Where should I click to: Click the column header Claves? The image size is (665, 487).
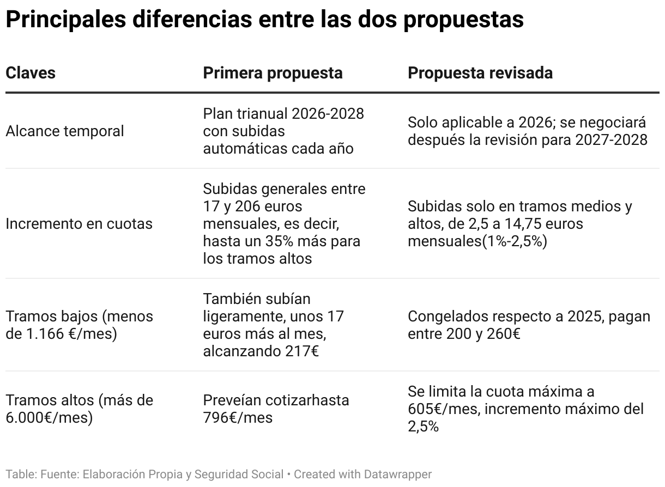pos(31,73)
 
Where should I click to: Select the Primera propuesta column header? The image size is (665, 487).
pos(273,73)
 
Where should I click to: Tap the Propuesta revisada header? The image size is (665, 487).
pos(480,73)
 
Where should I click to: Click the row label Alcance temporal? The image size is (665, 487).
pos(65,131)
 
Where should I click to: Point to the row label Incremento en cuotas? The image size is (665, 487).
pos(79,224)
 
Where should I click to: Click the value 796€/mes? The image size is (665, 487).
pos(238,418)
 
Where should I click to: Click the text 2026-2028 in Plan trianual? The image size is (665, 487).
pos(328,114)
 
